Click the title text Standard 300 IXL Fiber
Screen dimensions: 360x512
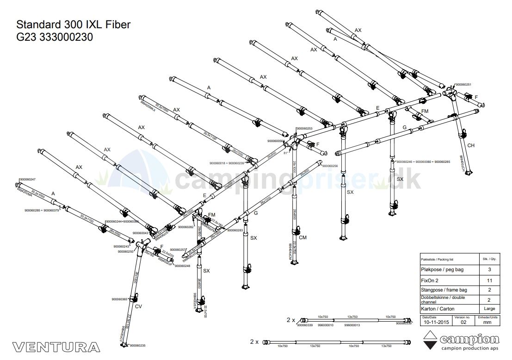(x=73, y=25)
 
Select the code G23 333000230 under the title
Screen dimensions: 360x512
(x=55, y=37)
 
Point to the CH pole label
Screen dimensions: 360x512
(x=471, y=146)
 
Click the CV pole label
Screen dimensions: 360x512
(x=138, y=306)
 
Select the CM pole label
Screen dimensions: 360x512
(x=302, y=238)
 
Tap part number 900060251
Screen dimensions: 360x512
(x=463, y=85)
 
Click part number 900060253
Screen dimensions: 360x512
(x=304, y=128)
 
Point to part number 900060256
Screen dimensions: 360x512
(x=330, y=166)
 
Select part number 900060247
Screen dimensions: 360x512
(x=27, y=179)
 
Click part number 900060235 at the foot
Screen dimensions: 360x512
(x=138, y=346)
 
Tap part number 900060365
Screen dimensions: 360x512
(x=119, y=299)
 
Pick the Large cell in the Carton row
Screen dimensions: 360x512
(x=489, y=309)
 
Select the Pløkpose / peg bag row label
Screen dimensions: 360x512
(x=442, y=270)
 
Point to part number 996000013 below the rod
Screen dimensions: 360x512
(x=352, y=325)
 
